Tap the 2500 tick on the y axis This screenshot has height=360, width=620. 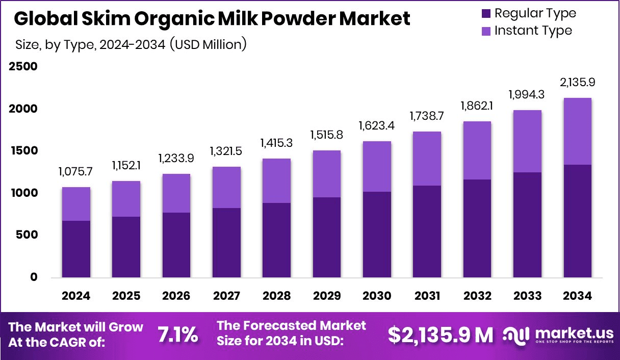click(23, 67)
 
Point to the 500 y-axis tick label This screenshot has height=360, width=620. click(29, 235)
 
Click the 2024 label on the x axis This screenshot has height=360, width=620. click(76, 296)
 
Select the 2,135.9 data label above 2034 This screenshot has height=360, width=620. click(578, 83)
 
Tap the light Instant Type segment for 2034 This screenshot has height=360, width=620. click(578, 131)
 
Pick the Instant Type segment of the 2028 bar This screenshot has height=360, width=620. click(277, 181)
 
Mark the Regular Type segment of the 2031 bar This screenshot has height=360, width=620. click(427, 232)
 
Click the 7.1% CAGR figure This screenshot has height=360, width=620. click(177, 335)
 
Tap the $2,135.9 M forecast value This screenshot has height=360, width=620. click(441, 335)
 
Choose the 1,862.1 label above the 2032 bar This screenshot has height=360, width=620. click(478, 107)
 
